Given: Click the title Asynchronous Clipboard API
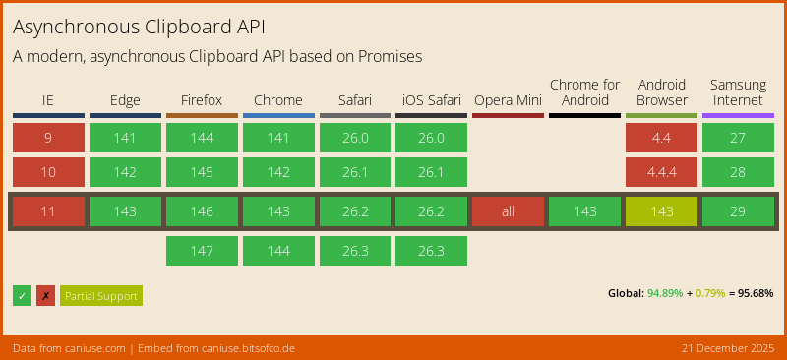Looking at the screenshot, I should [x=139, y=27].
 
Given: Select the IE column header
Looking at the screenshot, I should [x=48, y=100].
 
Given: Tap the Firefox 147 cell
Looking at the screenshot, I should [x=202, y=251].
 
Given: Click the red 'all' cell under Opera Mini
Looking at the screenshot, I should [x=508, y=211].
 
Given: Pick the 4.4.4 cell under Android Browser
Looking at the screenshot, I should [x=661, y=172].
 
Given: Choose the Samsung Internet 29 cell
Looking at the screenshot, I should [x=738, y=211].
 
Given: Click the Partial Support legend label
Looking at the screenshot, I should [x=101, y=296].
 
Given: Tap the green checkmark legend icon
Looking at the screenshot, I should [x=23, y=296].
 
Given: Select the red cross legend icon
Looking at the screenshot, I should [x=45, y=296].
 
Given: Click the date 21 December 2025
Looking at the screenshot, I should [x=726, y=348].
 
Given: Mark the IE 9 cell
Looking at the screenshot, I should [x=48, y=138].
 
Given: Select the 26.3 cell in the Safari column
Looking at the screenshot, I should [x=355, y=251].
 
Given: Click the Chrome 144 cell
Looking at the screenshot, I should [x=278, y=251].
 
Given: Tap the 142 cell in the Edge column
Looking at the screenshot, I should [x=125, y=172].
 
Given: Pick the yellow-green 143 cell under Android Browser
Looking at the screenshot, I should [x=661, y=211].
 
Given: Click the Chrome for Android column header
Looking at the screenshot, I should [x=584, y=92].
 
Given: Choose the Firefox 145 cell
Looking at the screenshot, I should [x=202, y=172].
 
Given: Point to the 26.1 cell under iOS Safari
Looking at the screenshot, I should [x=431, y=172].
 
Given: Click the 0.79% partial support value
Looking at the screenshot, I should [x=710, y=293].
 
